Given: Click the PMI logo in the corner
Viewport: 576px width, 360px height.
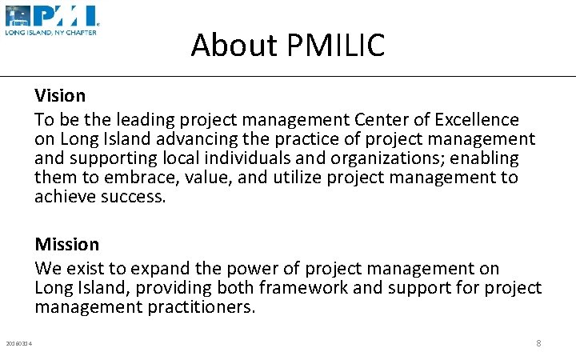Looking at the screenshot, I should (x=51, y=20).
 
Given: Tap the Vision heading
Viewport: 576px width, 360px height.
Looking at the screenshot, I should (x=60, y=96).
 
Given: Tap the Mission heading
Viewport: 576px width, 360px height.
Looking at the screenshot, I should (x=67, y=244).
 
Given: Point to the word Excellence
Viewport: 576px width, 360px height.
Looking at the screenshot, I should (x=477, y=120).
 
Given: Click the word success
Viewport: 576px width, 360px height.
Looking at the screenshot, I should (x=133, y=197).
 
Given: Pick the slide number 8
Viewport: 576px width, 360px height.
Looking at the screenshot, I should (x=538, y=343).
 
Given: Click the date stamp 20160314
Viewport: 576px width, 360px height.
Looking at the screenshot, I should (x=18, y=344).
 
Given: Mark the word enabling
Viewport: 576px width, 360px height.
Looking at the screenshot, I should (x=484, y=158).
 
